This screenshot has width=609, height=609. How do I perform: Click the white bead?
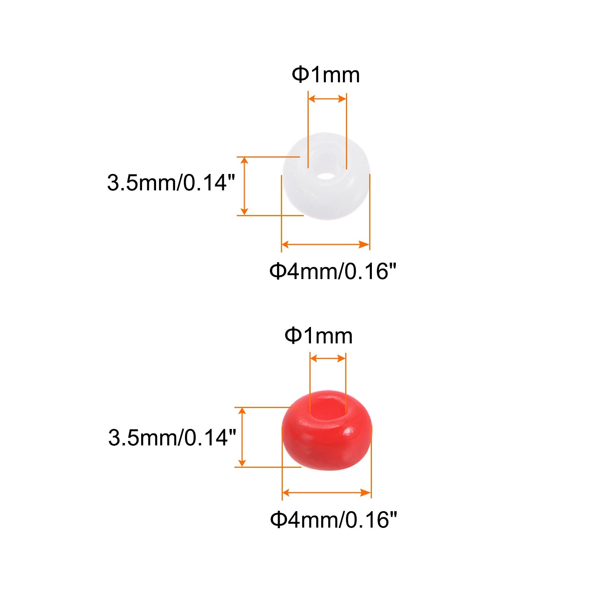326,177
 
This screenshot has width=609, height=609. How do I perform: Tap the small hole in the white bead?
326,176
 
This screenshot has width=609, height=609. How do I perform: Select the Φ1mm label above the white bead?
326,75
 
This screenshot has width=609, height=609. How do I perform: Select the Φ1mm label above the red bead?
319,336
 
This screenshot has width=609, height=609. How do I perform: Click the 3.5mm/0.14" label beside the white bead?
171,182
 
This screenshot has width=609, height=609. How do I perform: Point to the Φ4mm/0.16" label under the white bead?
333,271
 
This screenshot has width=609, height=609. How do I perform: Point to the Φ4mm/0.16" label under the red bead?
333,519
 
